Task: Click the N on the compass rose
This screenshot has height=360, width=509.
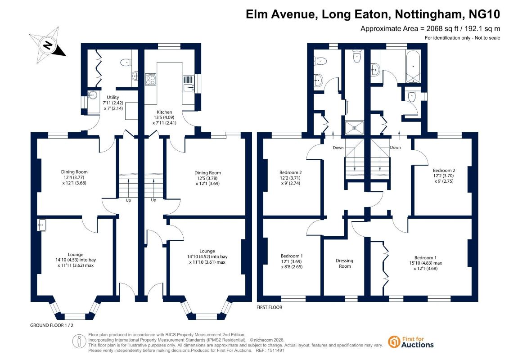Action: [48, 45]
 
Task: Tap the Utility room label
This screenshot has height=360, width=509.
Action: [113, 97]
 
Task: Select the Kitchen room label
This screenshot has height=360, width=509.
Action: [164, 112]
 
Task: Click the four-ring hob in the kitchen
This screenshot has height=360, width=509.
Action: [151, 79]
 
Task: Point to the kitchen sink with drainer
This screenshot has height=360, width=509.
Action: [189, 84]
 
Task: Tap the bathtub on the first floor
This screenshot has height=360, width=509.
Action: [413, 67]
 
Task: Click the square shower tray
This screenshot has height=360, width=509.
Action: [355, 127]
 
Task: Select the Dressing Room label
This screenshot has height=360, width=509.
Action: [344, 263]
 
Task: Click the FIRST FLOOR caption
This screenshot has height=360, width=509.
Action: [270, 307]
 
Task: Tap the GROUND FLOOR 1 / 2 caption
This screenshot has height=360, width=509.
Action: [52, 325]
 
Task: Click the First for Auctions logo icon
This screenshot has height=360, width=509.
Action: [394, 342]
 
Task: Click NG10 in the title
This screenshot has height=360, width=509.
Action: [485, 14]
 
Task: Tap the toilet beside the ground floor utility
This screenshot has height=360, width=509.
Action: [125, 62]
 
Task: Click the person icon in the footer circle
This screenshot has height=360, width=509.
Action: [79, 342]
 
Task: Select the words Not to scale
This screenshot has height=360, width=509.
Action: [487, 38]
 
